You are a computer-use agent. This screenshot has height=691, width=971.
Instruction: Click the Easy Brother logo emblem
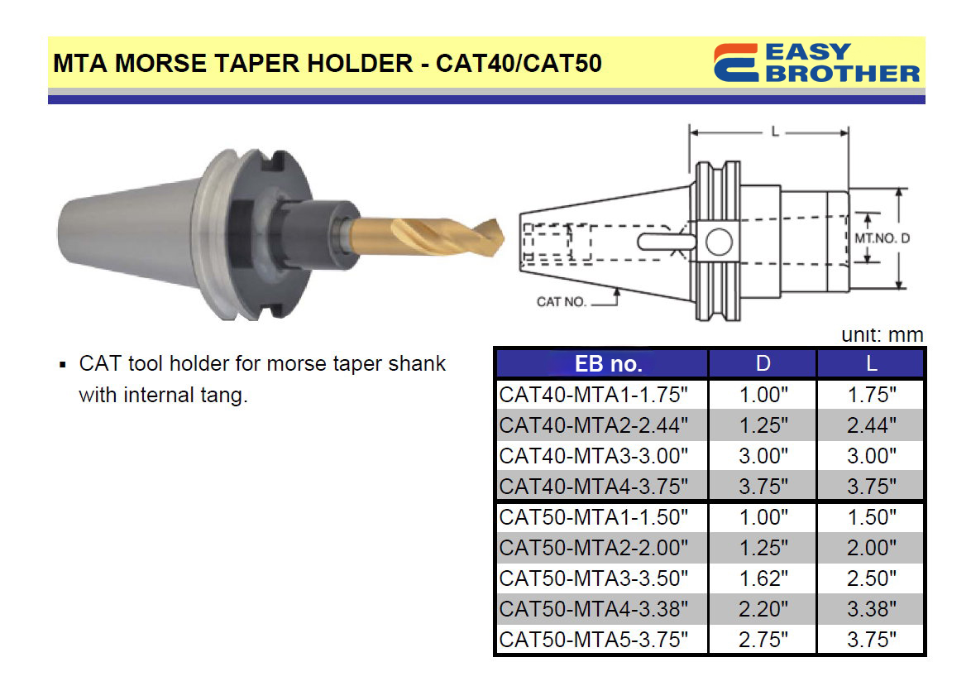tap(735, 63)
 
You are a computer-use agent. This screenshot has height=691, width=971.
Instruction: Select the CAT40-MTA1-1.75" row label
tap(593, 395)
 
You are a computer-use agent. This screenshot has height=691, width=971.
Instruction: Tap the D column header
tap(763, 363)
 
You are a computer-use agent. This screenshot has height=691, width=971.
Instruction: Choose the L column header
tap(871, 363)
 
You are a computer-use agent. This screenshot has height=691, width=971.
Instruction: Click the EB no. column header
tap(608, 364)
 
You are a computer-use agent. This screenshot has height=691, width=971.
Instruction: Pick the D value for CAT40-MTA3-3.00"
tap(763, 456)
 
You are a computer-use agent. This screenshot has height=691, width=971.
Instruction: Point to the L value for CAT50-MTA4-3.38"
tap(871, 609)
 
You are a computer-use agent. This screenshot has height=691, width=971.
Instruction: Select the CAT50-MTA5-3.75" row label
tap(593, 640)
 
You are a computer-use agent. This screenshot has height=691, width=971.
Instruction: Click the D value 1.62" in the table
tap(763, 578)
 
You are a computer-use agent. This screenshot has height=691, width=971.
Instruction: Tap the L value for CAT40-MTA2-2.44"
tap(871, 425)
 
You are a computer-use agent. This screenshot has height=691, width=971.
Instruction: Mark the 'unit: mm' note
tap(882, 334)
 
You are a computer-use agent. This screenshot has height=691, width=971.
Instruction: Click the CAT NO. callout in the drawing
tap(561, 302)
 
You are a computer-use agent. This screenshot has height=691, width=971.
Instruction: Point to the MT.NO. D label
tap(882, 238)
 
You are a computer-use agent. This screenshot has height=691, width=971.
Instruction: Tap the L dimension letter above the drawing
tap(775, 132)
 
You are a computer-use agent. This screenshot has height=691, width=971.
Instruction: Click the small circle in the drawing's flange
tap(719, 242)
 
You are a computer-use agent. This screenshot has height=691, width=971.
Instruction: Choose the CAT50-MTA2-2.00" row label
tap(593, 548)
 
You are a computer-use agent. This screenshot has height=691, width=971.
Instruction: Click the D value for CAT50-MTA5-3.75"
tap(763, 640)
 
